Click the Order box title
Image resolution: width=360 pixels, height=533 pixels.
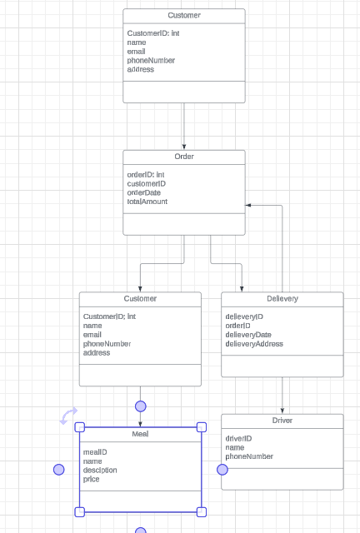click(184, 157)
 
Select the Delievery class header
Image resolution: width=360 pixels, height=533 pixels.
click(282, 299)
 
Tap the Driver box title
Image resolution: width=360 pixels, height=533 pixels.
click(282, 421)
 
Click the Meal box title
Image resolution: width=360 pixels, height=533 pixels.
click(140, 435)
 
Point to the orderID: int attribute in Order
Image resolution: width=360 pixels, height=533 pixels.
click(146, 175)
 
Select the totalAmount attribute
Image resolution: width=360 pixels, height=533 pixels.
click(147, 202)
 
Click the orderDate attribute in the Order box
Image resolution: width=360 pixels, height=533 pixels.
click(144, 192)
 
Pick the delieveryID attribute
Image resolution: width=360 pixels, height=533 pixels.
click(244, 316)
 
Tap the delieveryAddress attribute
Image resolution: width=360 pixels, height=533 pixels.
click(254, 344)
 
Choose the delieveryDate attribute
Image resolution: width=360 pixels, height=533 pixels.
click(248, 335)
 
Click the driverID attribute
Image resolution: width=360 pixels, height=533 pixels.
click(238, 438)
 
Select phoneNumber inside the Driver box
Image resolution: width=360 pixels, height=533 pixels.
click(249, 456)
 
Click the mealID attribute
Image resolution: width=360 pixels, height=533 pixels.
click(95, 452)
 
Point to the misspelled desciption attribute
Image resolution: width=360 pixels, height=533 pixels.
click(100, 470)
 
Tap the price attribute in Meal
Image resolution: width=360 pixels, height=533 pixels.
click(92, 479)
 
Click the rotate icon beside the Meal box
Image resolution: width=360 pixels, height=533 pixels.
click(68, 415)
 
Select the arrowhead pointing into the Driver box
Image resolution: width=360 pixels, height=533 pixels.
click(282, 411)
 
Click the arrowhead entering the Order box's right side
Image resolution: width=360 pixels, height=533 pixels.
click(248, 205)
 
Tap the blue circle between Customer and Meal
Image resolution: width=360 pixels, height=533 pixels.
click(140, 406)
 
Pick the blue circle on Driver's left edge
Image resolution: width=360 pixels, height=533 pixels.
click(222, 470)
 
